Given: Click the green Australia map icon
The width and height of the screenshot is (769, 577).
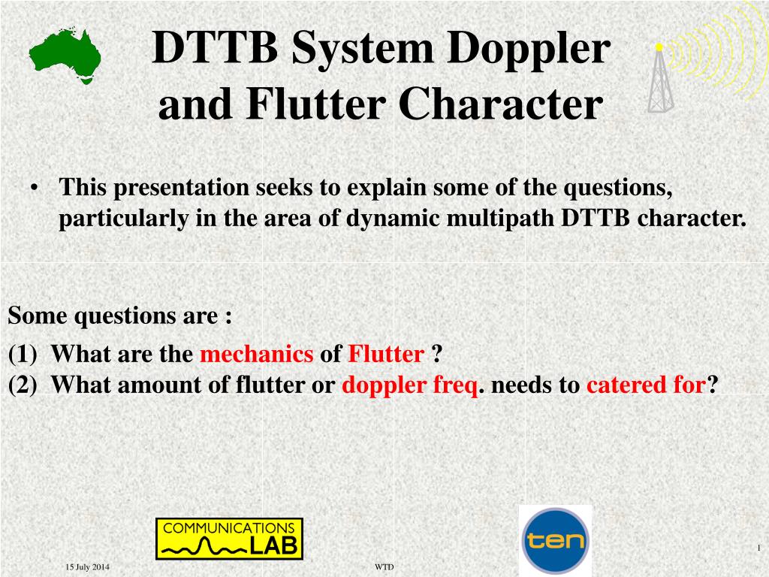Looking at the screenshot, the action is pos(65,56).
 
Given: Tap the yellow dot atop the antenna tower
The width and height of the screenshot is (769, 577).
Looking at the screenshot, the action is pos(659,47).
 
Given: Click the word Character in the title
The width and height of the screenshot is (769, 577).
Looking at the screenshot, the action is pos(501,104).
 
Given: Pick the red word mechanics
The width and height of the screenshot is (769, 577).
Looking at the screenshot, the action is pos(257,354).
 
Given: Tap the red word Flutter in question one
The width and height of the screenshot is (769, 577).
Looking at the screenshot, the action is pos(386,354).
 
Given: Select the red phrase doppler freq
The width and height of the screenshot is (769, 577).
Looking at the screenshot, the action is pos(410,385).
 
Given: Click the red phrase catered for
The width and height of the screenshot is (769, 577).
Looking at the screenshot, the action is pos(647,384).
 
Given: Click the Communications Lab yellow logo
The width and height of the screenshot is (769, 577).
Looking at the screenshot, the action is pos(230,539).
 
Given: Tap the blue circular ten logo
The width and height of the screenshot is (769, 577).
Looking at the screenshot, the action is pos(556,541).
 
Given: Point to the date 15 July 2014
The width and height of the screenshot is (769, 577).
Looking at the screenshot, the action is pos(88,567).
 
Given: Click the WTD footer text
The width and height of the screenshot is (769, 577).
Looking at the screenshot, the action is pos(384,567).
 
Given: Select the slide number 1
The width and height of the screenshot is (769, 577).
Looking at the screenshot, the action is pos(758,548).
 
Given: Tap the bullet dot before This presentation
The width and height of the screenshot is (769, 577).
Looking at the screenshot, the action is pos(34,188).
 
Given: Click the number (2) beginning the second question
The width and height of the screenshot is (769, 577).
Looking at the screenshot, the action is pos(23,385).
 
